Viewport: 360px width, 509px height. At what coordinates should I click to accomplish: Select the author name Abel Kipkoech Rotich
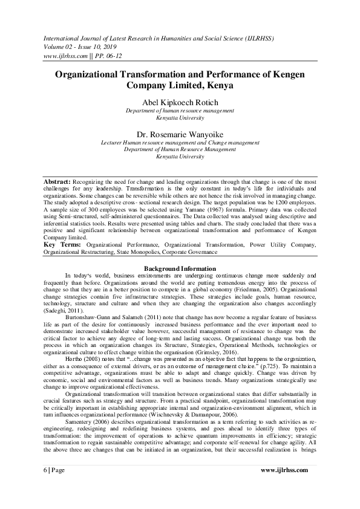[180, 102]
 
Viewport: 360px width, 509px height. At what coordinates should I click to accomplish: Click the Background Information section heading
[180, 268]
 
